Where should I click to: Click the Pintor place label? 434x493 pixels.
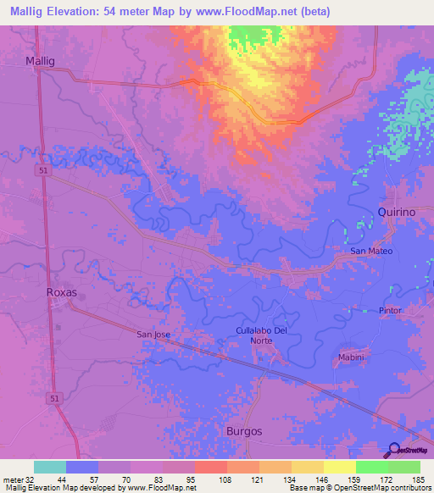390,311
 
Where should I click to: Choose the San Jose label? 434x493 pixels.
153,335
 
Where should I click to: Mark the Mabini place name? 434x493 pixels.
351,357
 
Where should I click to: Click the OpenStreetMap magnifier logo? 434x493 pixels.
393,451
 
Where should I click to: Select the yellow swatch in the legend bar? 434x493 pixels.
339,467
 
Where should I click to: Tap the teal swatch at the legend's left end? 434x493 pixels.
50,467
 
